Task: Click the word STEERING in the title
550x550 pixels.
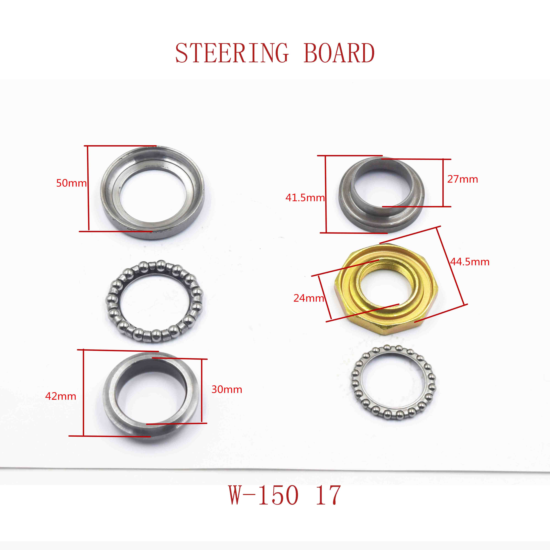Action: point(232,53)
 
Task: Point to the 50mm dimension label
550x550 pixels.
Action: point(71,183)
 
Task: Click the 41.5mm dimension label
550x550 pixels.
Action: point(305,198)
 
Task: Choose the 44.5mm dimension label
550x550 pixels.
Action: point(470,262)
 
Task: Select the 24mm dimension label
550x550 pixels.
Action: point(309,298)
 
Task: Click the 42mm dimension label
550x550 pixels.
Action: point(61,396)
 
